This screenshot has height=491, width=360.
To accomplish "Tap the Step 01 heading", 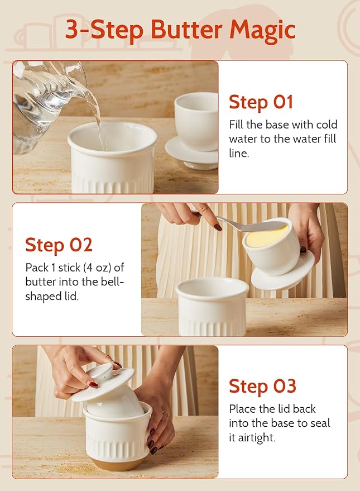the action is tap(261, 102).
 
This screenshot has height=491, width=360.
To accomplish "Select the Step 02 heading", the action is tap(59, 245).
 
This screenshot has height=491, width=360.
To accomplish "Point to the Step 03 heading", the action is tap(262, 386).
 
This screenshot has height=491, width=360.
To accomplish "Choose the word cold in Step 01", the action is tap(327, 125).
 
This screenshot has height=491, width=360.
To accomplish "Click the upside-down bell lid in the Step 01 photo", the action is tap(195, 130).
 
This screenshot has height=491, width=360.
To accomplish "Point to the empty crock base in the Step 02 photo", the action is tap(212, 307).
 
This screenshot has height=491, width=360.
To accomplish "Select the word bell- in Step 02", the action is tap(111, 282).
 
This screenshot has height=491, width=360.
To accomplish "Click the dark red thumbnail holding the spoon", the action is tap(218, 227).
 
